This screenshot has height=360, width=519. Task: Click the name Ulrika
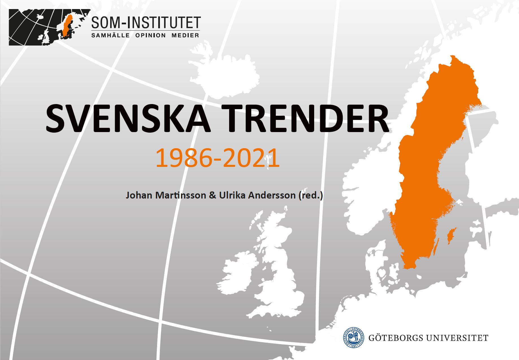click(232, 195)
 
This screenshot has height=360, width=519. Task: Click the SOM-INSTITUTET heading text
click(146, 23)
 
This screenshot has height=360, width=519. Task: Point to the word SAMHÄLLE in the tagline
click(110, 35)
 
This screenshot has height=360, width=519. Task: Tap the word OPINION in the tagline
click(150, 35)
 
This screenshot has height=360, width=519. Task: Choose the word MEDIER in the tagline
click(185, 35)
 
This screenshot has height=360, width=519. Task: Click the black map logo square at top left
click(49, 27)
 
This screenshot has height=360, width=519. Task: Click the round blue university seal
click(353, 337)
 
